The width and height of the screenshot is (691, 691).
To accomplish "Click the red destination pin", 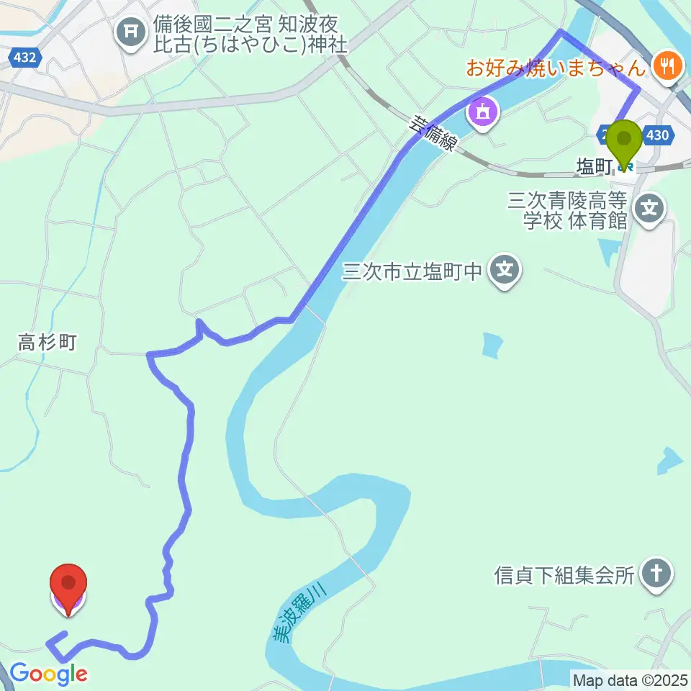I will pyautogui.click(x=68, y=584).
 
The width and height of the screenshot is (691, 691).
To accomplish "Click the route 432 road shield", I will pyautogui.click(x=24, y=58).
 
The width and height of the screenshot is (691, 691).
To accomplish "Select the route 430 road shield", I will pyautogui.click(x=660, y=135).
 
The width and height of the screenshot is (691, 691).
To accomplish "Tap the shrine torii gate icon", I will pyautogui.click(x=131, y=31).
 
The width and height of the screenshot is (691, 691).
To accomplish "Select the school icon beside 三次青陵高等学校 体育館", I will pyautogui.click(x=650, y=210).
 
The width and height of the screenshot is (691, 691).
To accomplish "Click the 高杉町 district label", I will pyautogui.click(x=48, y=342).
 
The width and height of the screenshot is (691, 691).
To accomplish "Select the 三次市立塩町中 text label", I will pyautogui.click(x=412, y=271).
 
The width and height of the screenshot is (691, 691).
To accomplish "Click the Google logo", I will pyautogui.click(x=49, y=674).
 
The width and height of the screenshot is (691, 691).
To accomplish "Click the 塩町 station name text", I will pyautogui.click(x=594, y=167).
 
